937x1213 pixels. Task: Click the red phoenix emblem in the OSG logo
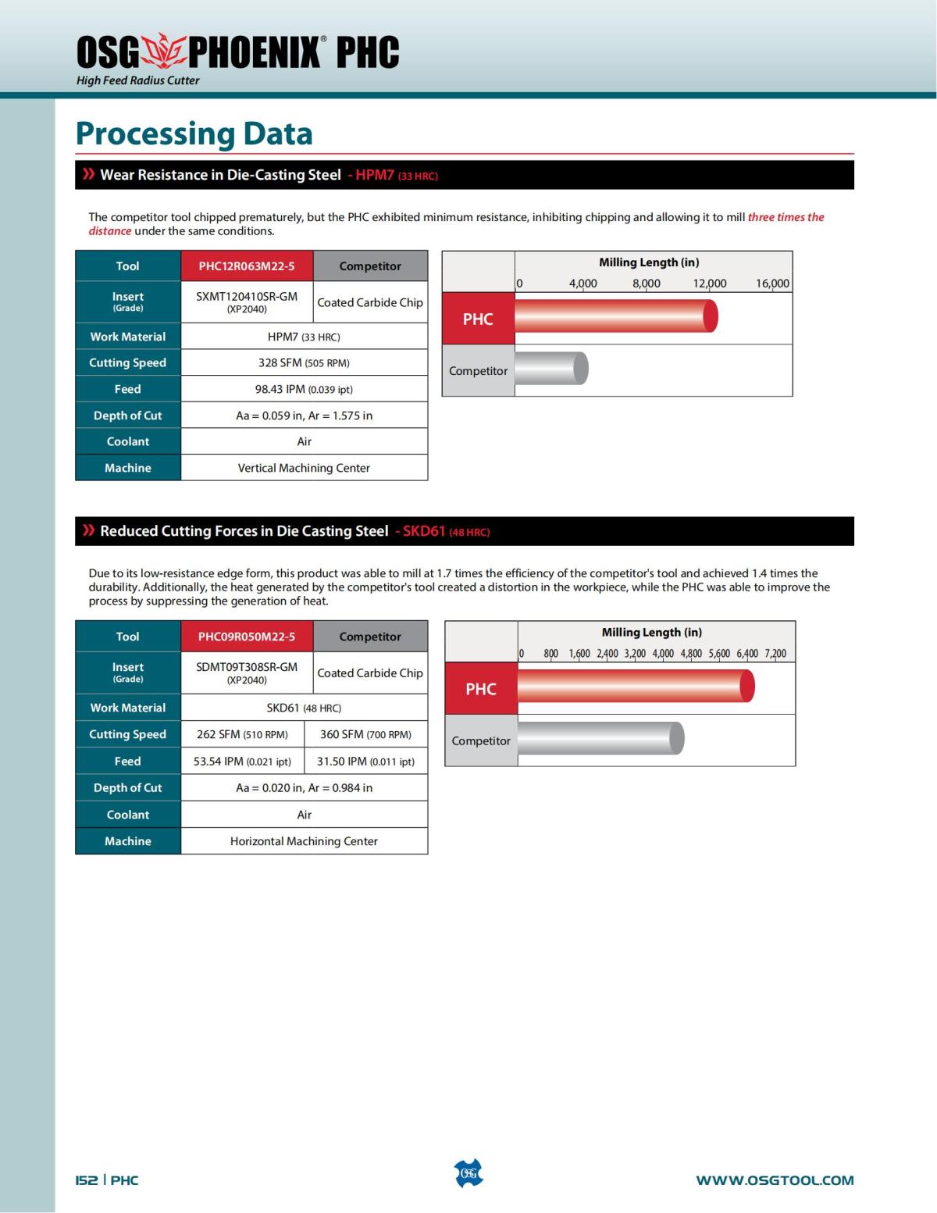coord(164,51)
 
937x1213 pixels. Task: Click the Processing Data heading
coord(194,134)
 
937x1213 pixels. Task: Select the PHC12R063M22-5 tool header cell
coord(247,266)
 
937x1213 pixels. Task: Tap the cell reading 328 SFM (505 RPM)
coord(304,362)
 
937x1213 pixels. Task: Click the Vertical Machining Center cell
coord(304,468)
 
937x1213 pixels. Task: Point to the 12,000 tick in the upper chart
coord(709,284)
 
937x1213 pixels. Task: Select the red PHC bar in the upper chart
coord(615,317)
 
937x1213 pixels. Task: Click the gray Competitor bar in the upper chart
coord(550,369)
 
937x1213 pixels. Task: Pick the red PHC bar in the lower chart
coord(635,687)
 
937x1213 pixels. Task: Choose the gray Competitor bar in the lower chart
coord(600,739)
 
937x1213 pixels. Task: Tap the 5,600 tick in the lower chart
coord(719,654)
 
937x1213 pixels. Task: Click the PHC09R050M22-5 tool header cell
coord(247,637)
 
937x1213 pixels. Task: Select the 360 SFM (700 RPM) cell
coord(365,734)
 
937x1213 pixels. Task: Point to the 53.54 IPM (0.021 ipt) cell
coord(242,761)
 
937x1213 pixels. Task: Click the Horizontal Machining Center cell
coord(304,841)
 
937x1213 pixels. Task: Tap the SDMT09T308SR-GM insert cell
coord(247,672)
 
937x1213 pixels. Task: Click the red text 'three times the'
coord(786,217)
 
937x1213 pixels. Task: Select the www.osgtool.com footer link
coord(775,1180)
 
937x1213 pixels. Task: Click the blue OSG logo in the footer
coord(468,1173)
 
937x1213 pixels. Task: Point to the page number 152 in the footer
coord(87,1180)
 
